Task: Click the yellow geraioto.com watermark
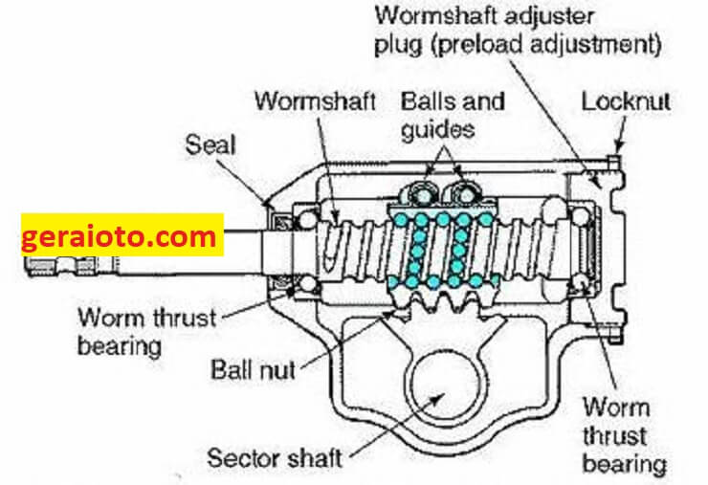click(x=122, y=234)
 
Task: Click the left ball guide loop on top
click(x=417, y=193)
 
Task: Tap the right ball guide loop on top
click(x=467, y=193)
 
